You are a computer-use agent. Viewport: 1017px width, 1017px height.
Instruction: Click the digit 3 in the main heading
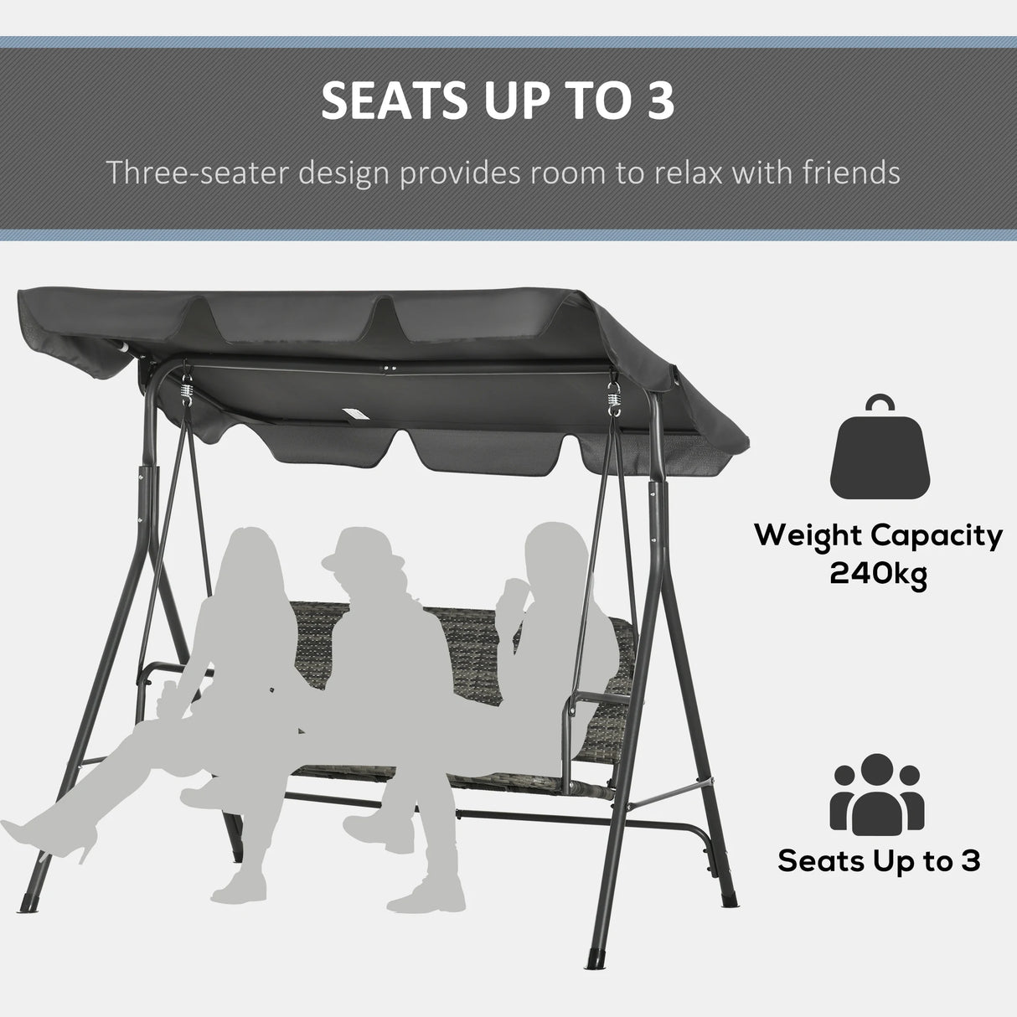(658, 101)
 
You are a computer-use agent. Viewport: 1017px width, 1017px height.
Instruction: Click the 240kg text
(878, 575)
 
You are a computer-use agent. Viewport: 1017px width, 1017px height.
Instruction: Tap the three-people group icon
(877, 792)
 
